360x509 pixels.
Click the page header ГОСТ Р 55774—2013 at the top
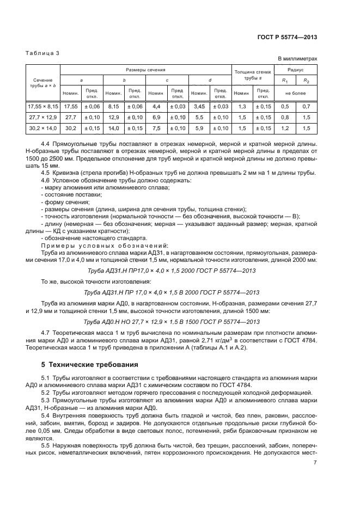(289, 37)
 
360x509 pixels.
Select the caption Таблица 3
(41, 53)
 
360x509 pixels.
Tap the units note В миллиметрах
(298, 59)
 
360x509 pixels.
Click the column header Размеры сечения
(145, 70)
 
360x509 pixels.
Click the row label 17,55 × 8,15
(43, 107)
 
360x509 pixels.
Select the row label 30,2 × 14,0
(43, 128)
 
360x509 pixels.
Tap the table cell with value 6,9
(156, 118)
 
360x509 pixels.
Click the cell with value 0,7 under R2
(306, 107)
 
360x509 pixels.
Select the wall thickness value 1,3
(242, 107)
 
